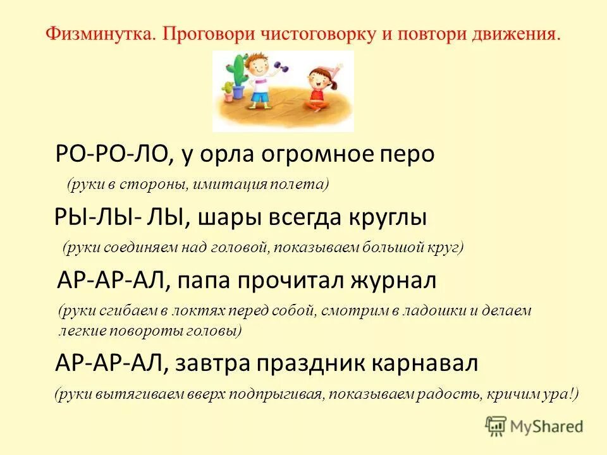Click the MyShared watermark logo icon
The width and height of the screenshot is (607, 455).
(x=496, y=425)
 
